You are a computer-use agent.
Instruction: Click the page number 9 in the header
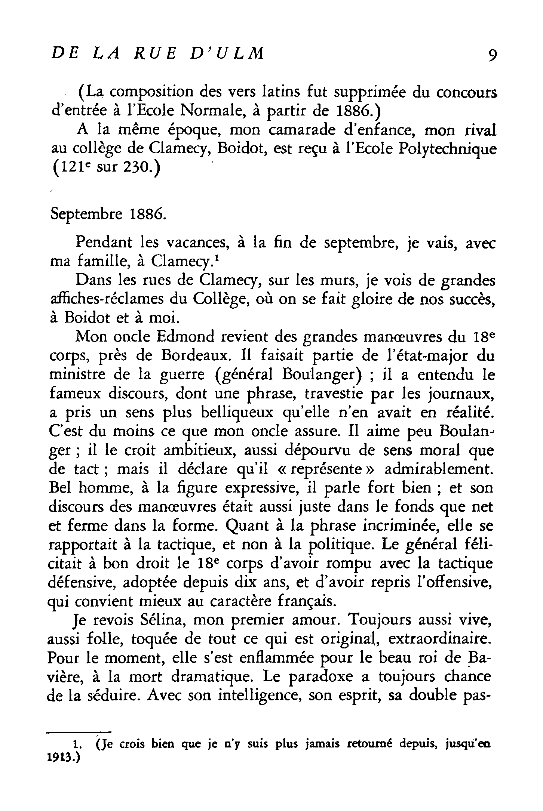(x=490, y=56)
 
